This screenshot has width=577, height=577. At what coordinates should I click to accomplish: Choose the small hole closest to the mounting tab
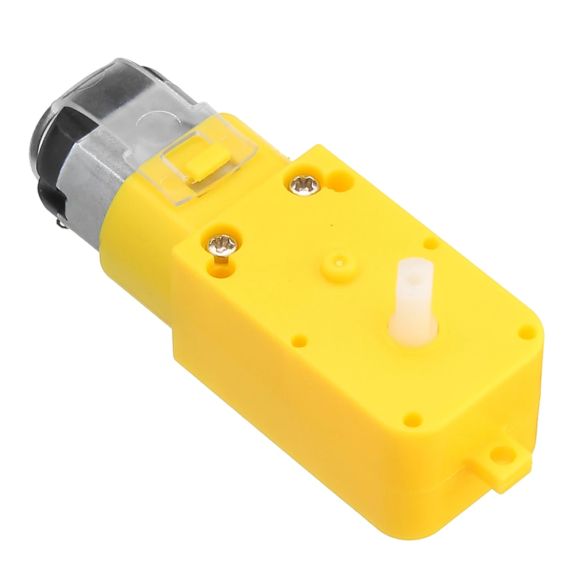(x=412, y=415)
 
